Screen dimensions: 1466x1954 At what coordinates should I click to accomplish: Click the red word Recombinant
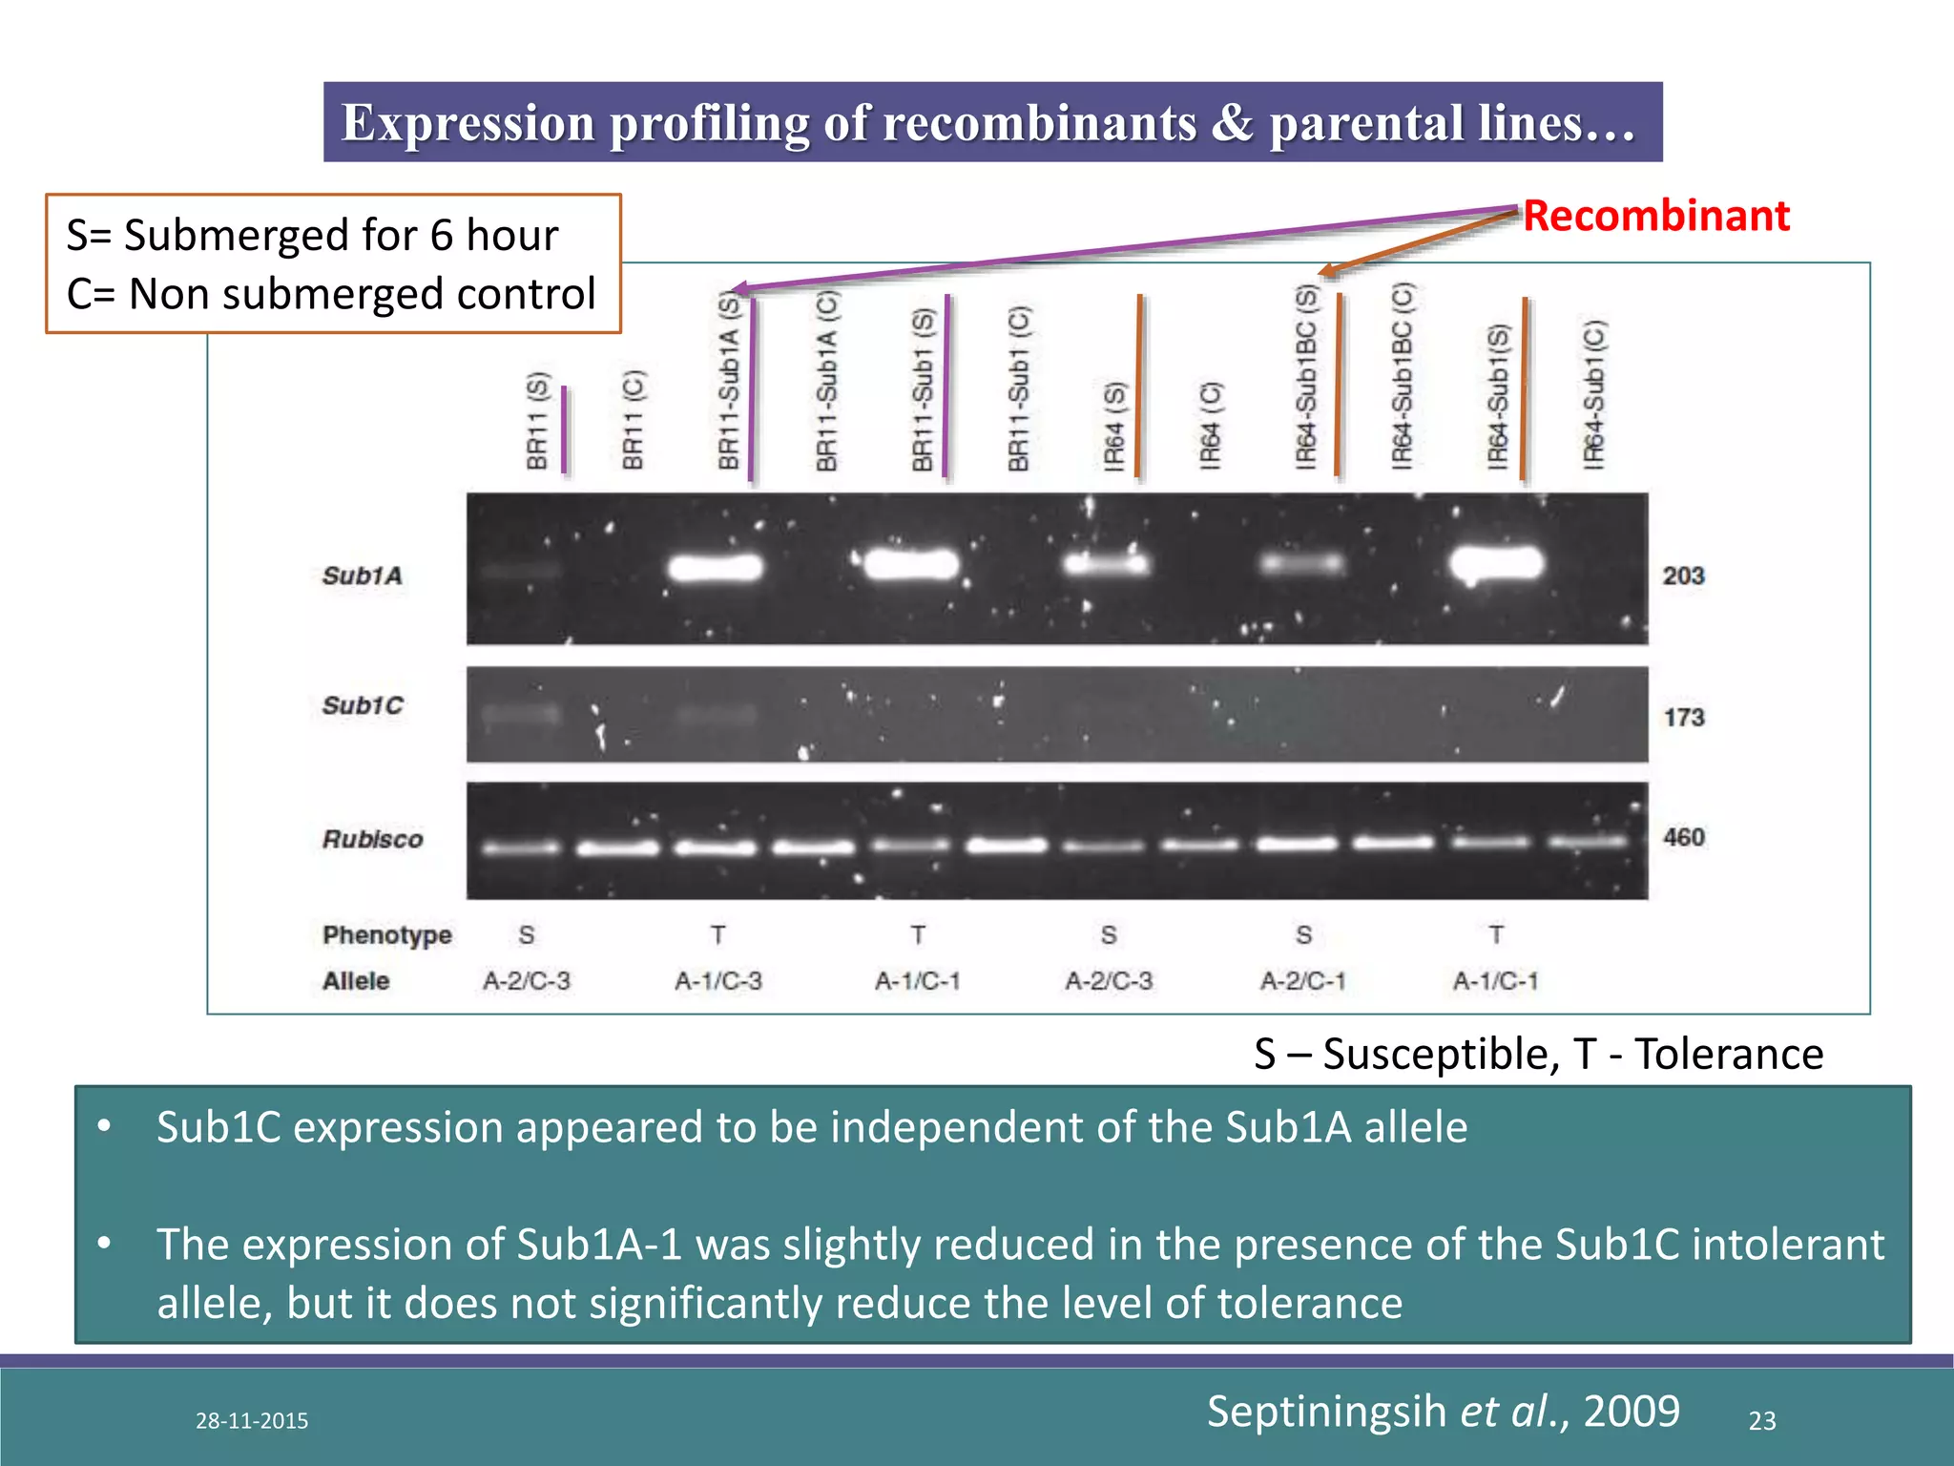[x=1655, y=216]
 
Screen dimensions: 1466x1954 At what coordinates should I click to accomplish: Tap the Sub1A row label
[x=362, y=576]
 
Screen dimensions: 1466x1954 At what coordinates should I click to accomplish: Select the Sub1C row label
[x=363, y=705]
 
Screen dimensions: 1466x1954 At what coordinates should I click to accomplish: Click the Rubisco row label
[x=372, y=839]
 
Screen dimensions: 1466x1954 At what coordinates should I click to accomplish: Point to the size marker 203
[x=1683, y=576]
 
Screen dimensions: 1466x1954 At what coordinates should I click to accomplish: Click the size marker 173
[x=1684, y=717]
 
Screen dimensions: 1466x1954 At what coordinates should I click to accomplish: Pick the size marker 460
[x=1683, y=837]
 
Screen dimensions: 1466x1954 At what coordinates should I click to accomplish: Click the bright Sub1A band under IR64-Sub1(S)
[x=1496, y=564]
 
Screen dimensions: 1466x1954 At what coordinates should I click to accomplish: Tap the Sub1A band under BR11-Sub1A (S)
[x=716, y=568]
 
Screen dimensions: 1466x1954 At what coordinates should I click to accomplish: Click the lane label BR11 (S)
[x=537, y=421]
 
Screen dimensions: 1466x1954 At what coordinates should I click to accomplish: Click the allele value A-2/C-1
[x=1302, y=981]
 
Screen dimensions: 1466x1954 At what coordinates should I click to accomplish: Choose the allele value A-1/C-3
[x=717, y=981]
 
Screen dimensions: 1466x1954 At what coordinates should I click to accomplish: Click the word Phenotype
[x=386, y=934]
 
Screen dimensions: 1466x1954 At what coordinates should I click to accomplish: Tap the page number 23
[x=1761, y=1421]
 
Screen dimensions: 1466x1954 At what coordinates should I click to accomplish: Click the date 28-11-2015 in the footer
[x=252, y=1421]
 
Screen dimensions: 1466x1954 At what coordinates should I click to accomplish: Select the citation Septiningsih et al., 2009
[x=1443, y=1411]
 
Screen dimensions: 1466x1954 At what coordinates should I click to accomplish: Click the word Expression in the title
[x=468, y=123]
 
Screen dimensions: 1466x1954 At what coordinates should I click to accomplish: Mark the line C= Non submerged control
[x=331, y=294]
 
